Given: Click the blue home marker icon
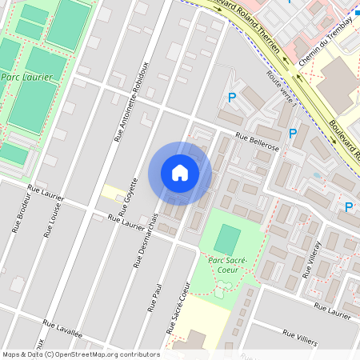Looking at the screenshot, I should [x=180, y=173].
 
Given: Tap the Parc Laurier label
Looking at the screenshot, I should [x=26, y=77].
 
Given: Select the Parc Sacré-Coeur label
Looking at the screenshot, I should [x=228, y=264].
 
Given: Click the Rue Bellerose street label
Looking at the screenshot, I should [x=258, y=142].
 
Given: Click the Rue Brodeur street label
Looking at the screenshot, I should [x=22, y=214].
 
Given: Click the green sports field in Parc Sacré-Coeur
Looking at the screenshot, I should [x=228, y=239].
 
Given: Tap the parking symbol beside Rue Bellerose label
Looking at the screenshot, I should [x=293, y=134].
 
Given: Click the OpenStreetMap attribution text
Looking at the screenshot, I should [x=80, y=354].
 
